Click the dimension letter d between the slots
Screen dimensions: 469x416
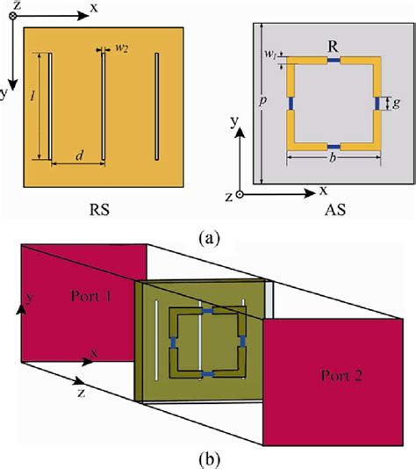[x=78, y=156]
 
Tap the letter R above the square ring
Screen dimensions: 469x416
[x=334, y=44]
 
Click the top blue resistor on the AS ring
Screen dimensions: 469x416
[x=334, y=60]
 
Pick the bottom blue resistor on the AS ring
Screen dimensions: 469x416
[x=334, y=146]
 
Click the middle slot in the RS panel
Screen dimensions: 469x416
[x=104, y=107]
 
